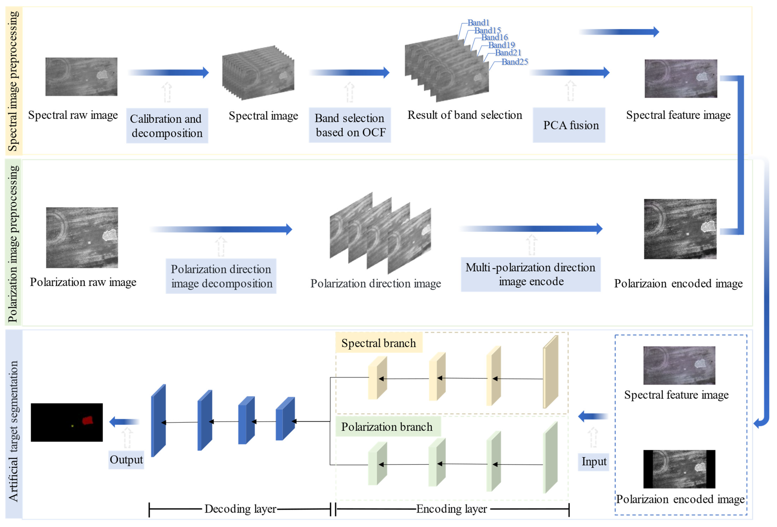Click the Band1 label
(x=478, y=23)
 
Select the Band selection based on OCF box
(x=350, y=125)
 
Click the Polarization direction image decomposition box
(x=221, y=276)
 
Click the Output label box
(x=126, y=460)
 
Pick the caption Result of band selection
(x=464, y=115)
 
